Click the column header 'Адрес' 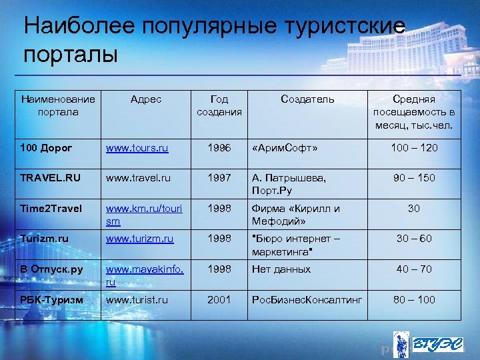[146, 99]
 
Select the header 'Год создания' [219, 105]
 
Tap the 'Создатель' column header [307, 99]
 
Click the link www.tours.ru [137, 147]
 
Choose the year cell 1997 [219, 178]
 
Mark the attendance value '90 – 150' [415, 178]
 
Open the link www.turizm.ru [140, 239]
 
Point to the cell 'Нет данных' [281, 269]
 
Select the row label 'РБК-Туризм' [51, 300]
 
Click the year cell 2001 [219, 300]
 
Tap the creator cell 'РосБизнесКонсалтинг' [307, 300]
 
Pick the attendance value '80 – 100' [415, 300]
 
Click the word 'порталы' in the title [71, 53]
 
